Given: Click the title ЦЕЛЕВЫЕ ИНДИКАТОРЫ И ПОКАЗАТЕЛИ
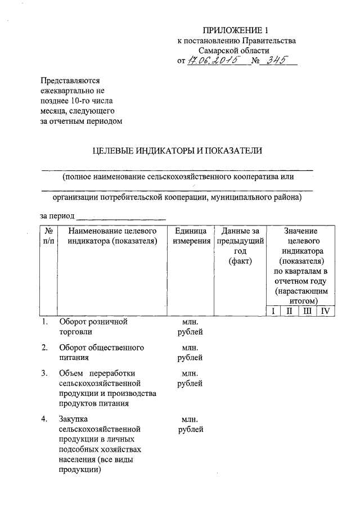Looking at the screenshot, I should point(177,150).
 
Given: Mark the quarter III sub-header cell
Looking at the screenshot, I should point(307,311).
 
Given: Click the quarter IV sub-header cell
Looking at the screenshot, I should point(325,311).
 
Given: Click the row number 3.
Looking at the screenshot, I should point(44,373).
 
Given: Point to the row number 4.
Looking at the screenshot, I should point(44,419).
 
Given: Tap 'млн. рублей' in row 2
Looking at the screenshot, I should point(190,352).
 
